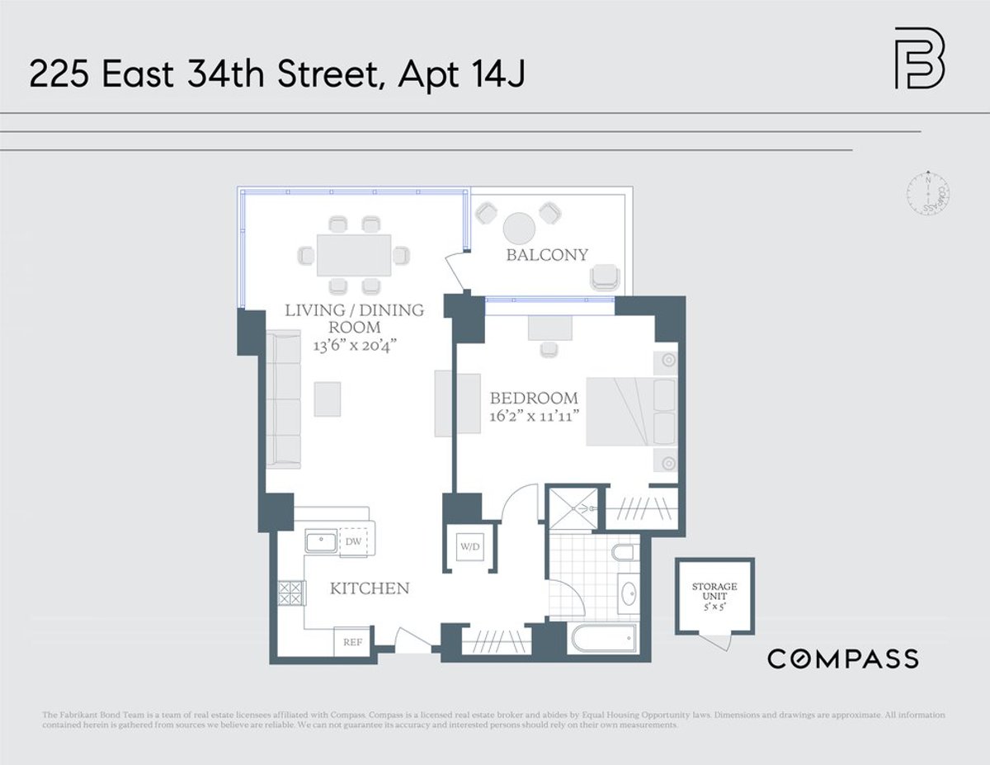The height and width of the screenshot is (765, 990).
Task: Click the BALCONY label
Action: point(547,255)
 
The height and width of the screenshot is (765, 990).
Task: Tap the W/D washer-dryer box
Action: point(469,546)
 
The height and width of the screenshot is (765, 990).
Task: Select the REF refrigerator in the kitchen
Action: point(353,642)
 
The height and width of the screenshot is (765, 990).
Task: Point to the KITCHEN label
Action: point(370,589)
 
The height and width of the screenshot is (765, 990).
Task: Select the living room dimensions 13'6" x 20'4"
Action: point(354,345)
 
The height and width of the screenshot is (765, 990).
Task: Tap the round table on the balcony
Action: point(521,229)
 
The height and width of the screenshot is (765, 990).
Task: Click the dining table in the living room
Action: point(353,255)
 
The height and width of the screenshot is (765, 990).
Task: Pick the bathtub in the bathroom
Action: point(603,640)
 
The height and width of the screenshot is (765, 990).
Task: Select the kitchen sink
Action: point(320,542)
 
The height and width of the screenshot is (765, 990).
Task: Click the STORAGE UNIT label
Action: point(714,593)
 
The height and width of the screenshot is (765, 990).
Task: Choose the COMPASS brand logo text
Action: point(842,659)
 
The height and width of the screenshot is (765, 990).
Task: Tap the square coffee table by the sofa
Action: point(327,399)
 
